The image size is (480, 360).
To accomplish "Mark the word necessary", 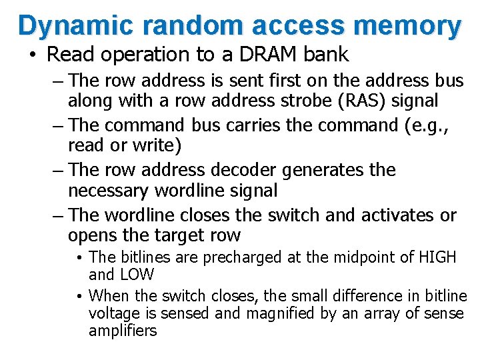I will coord(109,191).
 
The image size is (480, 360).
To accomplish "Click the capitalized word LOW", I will coord(137,275).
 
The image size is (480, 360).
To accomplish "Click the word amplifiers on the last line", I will coord(123,331).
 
